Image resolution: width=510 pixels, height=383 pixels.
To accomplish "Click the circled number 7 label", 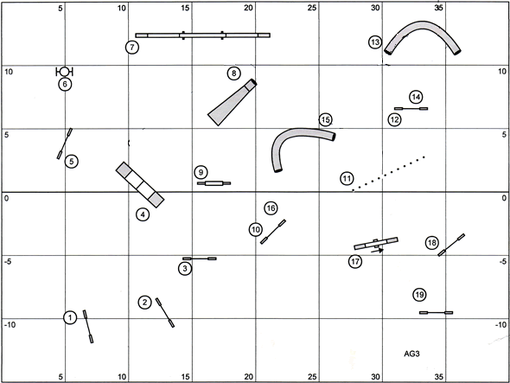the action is (132, 48).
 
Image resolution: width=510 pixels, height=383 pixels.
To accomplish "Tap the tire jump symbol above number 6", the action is (65, 71).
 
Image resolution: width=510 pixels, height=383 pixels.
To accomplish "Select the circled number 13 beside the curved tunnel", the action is (375, 42).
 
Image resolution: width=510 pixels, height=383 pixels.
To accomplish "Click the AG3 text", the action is (411, 354).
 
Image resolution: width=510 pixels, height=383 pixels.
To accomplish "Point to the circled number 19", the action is (419, 295).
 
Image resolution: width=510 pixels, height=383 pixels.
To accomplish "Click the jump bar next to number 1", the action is (88, 327).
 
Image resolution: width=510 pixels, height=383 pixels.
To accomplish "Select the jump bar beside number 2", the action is (165, 312).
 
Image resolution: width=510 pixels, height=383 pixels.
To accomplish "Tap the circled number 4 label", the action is (143, 214).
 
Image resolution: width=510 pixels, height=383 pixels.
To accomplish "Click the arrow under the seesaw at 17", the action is (377, 251).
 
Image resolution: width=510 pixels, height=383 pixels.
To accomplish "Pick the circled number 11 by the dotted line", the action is (347, 178).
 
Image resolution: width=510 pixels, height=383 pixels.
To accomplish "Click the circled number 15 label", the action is (325, 120).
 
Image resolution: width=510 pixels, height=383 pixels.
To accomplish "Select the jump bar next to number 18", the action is (451, 245).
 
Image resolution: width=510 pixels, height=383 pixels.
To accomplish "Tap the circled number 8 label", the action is (234, 73).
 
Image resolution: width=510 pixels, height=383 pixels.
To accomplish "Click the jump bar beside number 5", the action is (65, 144).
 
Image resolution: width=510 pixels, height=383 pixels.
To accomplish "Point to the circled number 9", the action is (201, 172).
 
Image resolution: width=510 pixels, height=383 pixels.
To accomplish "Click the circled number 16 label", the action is (271, 208).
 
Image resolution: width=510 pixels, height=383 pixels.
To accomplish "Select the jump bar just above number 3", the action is (200, 259).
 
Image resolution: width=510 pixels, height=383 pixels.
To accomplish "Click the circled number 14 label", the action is (416, 97).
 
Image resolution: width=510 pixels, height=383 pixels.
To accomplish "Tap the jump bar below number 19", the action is (437, 313).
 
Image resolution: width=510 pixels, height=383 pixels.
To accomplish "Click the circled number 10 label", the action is (256, 230).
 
